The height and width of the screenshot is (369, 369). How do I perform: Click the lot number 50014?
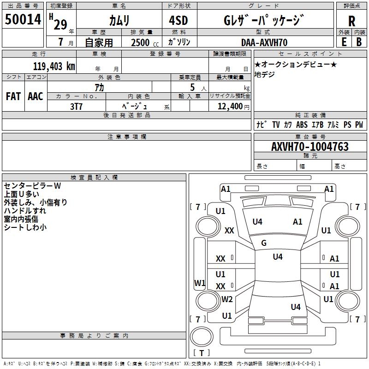[x=23, y=19]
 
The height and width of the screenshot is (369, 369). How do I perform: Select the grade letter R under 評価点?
[x=351, y=21]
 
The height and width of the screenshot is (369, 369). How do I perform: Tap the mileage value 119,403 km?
[x=54, y=66]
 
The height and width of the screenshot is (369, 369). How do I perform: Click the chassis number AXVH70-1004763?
[x=310, y=147]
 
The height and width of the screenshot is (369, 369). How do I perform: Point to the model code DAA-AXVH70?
[x=264, y=42]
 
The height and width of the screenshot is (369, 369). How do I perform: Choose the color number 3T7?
[x=76, y=107]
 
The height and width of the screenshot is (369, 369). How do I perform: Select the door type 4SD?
[x=179, y=20]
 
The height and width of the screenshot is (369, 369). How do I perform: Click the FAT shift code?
[x=13, y=96]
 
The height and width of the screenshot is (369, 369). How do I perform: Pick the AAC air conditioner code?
[x=36, y=96]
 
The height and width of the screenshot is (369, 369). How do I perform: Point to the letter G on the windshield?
[x=264, y=243]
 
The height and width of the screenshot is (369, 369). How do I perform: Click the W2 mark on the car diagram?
[x=227, y=299]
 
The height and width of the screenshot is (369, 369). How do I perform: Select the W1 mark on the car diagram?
[x=200, y=283]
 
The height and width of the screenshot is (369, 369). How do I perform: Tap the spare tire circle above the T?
[x=202, y=337]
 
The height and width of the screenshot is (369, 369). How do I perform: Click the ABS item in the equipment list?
[x=302, y=125]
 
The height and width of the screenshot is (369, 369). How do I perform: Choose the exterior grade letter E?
[x=344, y=42]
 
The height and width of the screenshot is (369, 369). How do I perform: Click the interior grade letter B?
[x=359, y=42]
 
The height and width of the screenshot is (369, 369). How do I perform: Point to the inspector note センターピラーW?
[x=32, y=186]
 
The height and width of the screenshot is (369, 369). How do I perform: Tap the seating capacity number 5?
[x=192, y=87]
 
